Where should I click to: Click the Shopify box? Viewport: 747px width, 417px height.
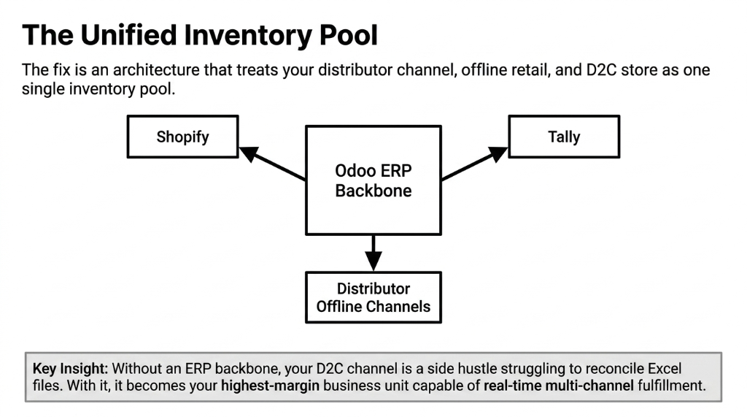click(182, 137)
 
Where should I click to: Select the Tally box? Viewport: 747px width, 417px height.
click(564, 137)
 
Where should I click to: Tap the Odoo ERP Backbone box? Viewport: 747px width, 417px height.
click(373, 180)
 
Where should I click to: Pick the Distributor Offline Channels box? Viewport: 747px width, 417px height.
click(373, 297)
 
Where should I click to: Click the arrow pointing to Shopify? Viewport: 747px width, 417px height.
click(271, 163)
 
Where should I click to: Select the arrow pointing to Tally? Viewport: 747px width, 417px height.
click(474, 163)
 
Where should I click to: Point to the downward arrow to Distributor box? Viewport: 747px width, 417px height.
click(373, 253)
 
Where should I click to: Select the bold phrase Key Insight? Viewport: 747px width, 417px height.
click(70, 367)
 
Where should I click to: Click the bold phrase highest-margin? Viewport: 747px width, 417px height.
click(271, 386)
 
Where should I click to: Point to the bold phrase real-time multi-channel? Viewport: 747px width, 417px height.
click(558, 386)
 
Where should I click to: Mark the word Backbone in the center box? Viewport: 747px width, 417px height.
click(373, 191)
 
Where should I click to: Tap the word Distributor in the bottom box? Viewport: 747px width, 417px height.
click(373, 288)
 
